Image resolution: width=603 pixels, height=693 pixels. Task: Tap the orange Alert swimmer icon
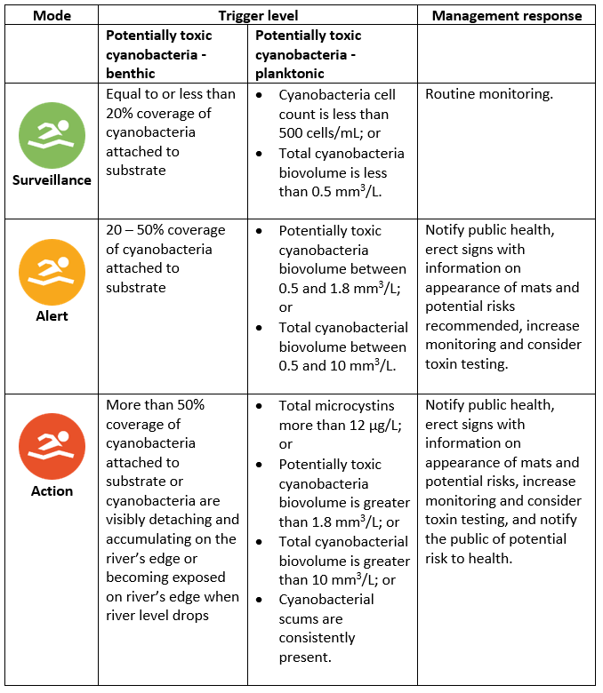pos(52,273)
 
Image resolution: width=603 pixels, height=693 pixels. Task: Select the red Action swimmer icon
pos(52,447)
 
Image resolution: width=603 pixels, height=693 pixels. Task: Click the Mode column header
pos(52,15)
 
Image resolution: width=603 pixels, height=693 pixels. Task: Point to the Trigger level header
pos(258,15)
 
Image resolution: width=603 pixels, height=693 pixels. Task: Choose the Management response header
pos(506,15)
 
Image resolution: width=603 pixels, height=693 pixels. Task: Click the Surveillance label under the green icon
pos(52,179)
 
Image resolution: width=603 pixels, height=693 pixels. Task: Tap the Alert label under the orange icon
pos(52,315)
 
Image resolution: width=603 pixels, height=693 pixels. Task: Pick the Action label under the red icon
pos(52,490)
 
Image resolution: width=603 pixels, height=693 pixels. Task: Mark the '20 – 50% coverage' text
pos(166,230)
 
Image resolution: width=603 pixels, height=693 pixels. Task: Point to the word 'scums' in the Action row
pos(300,619)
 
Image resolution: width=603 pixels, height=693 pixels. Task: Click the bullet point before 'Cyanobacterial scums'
pos(259,600)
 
